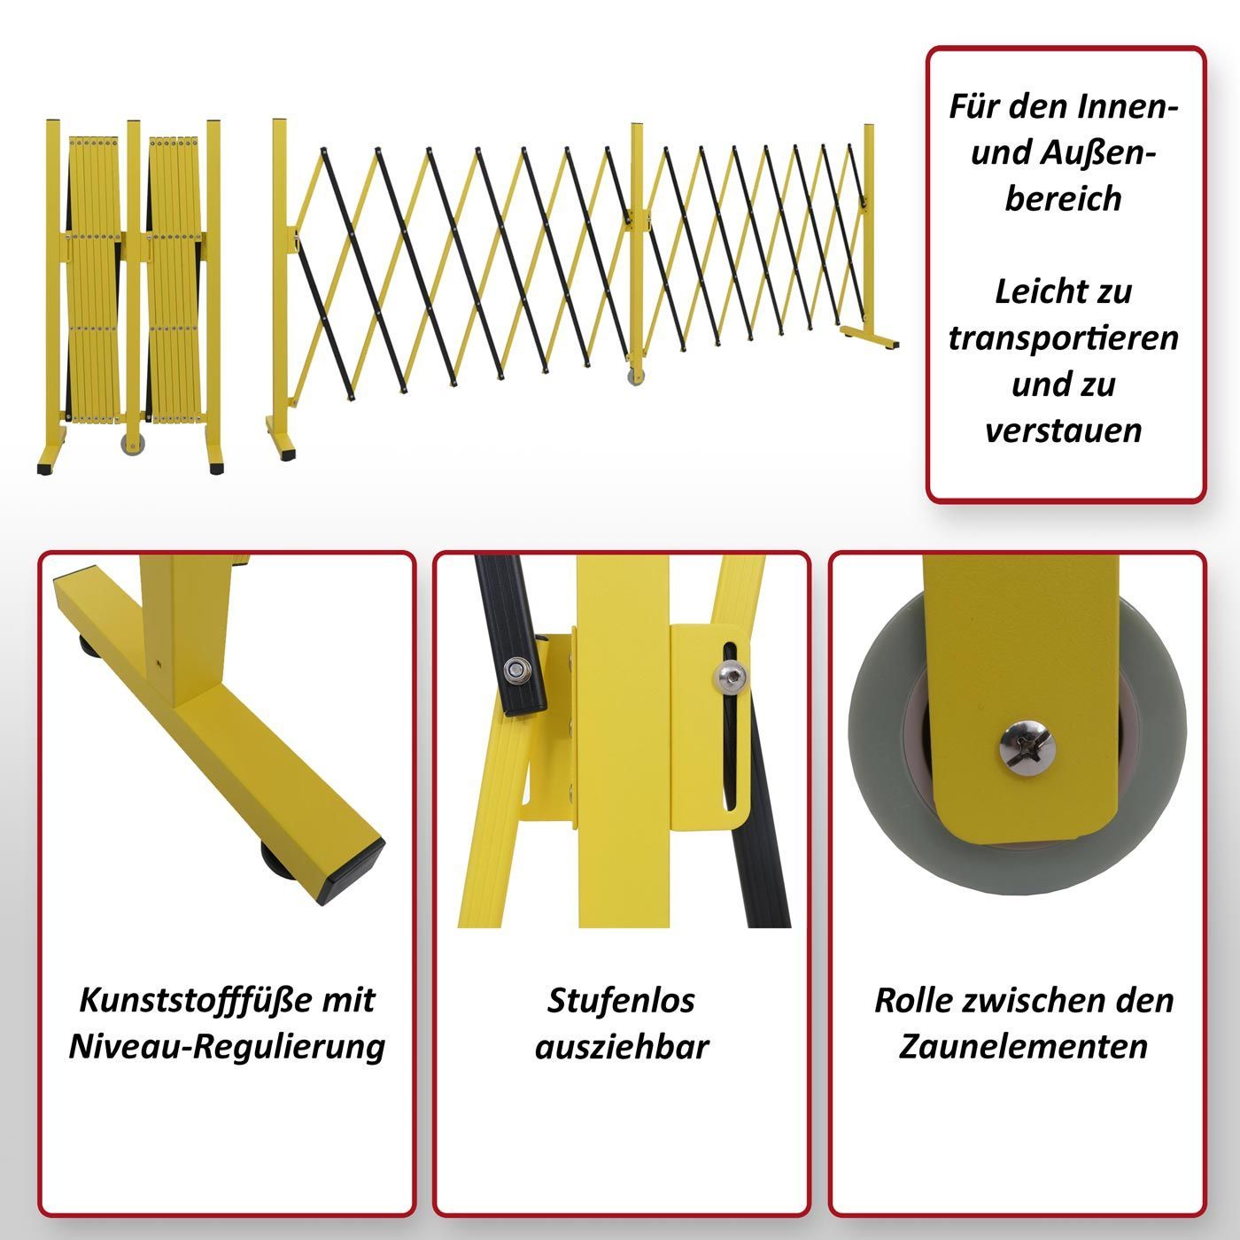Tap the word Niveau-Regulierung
pyautogui.click(x=227, y=1048)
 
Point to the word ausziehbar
pyautogui.click(x=621, y=1047)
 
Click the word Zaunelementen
pyautogui.click(x=1023, y=1047)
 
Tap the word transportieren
pyautogui.click(x=1063, y=338)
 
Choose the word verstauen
pyautogui.click(x=1063, y=430)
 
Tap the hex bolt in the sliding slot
pyautogui.click(x=731, y=678)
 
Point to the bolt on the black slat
pyautogui.click(x=516, y=670)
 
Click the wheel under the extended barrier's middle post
pyautogui.click(x=635, y=376)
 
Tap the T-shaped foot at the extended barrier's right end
pyautogui.click(x=870, y=337)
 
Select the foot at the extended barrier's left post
pyautogui.click(x=281, y=438)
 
